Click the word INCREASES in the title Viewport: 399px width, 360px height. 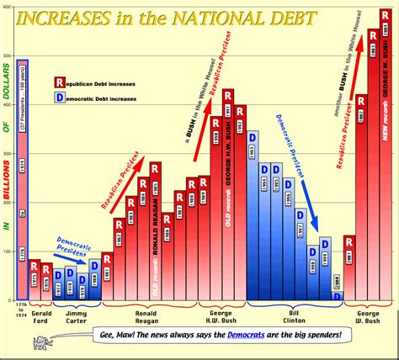(81, 18)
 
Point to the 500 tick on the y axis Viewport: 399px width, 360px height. (7, 56)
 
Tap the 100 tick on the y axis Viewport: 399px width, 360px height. (7, 251)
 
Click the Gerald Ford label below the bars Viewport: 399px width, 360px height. (40, 315)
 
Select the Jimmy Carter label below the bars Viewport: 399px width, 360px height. (76, 315)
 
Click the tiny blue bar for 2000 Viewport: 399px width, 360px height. (337, 296)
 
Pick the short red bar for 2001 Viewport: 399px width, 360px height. (348, 269)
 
